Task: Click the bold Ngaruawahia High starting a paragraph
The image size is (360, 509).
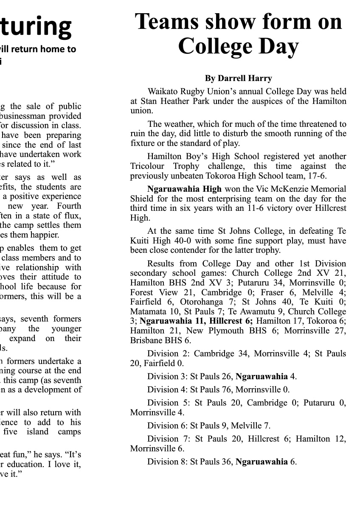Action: point(184,189)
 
